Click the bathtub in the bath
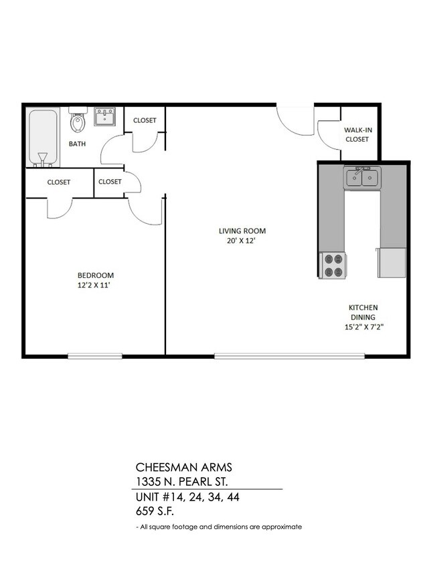[x=43, y=137]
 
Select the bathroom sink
[x=104, y=118]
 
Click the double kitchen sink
[x=361, y=178]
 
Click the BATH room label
[x=77, y=144]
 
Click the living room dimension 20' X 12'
[x=242, y=242]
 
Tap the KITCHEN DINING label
[x=362, y=312]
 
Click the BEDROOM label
[x=96, y=275]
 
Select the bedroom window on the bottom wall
[x=94, y=356]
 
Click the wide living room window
[x=289, y=356]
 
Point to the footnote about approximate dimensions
[x=219, y=527]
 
